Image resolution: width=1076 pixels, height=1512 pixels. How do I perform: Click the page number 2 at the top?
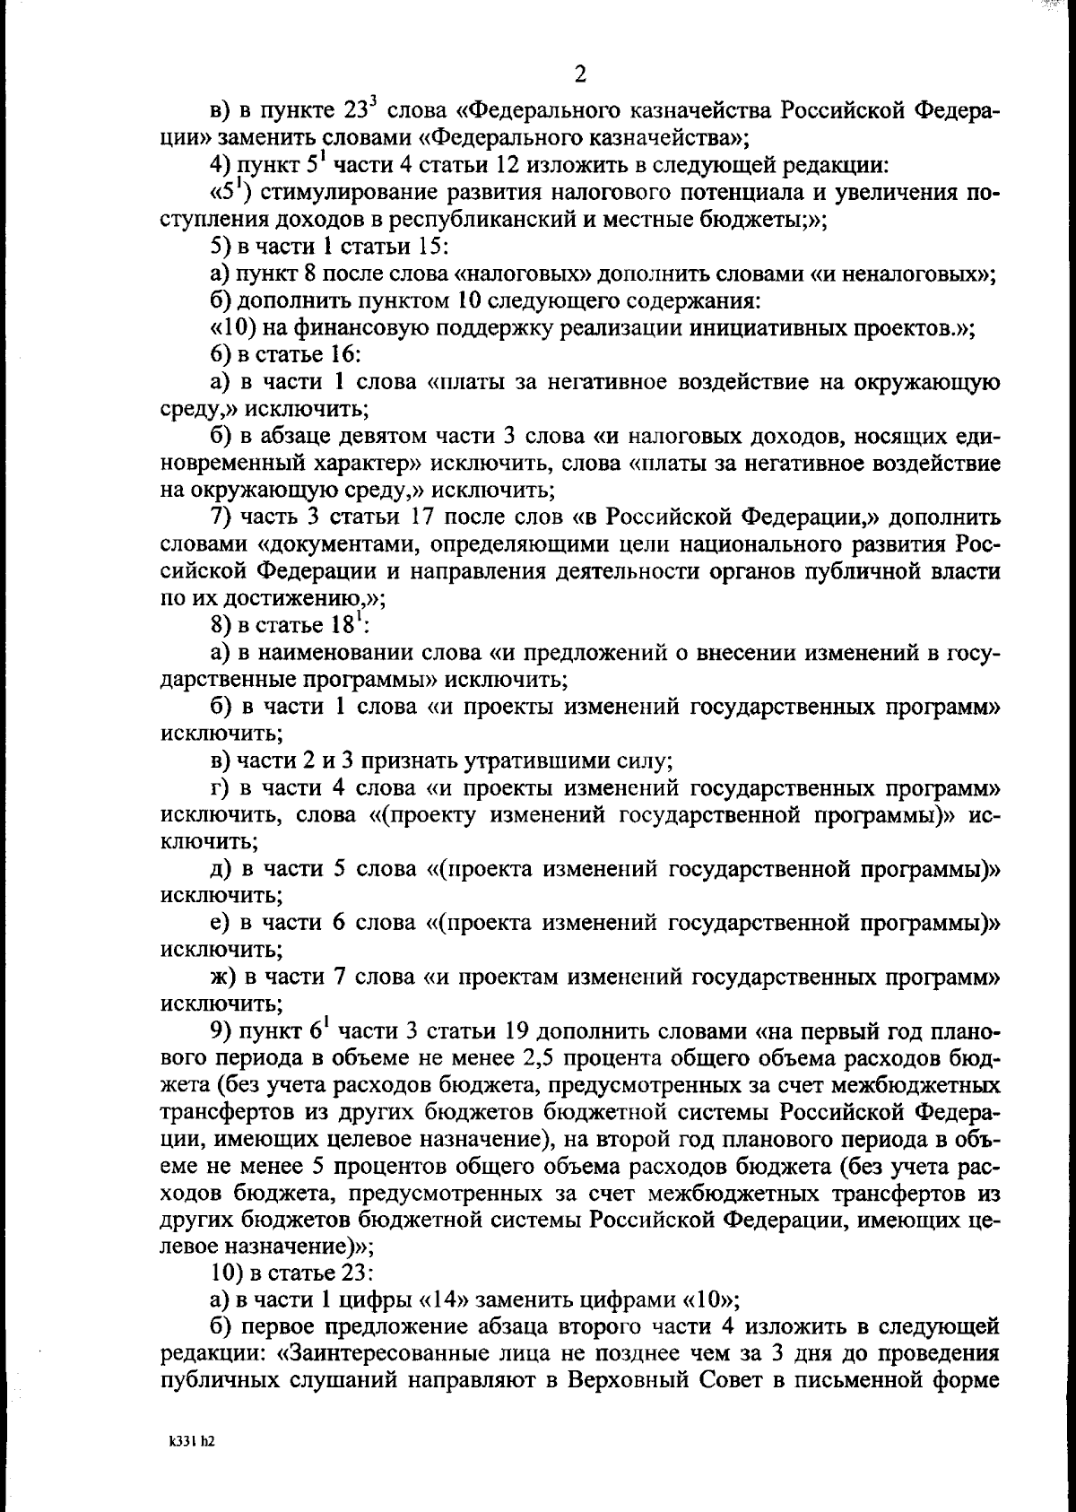pyautogui.click(x=579, y=74)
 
